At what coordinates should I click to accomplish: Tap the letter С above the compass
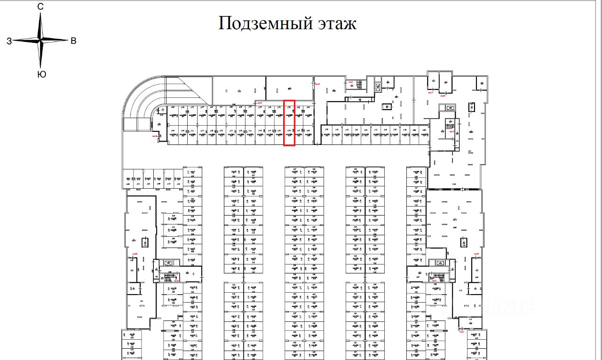click(40, 7)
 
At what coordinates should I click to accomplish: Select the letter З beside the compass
click(9, 41)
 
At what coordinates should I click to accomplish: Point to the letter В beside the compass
click(73, 41)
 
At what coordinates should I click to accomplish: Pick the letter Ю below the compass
click(41, 74)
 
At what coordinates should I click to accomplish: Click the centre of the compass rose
click(41, 41)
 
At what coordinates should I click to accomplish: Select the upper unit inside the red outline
click(289, 113)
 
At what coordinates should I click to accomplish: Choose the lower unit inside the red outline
click(289, 135)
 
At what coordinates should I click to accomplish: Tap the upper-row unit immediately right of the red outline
click(299, 113)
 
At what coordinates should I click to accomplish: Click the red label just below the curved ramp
click(155, 136)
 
